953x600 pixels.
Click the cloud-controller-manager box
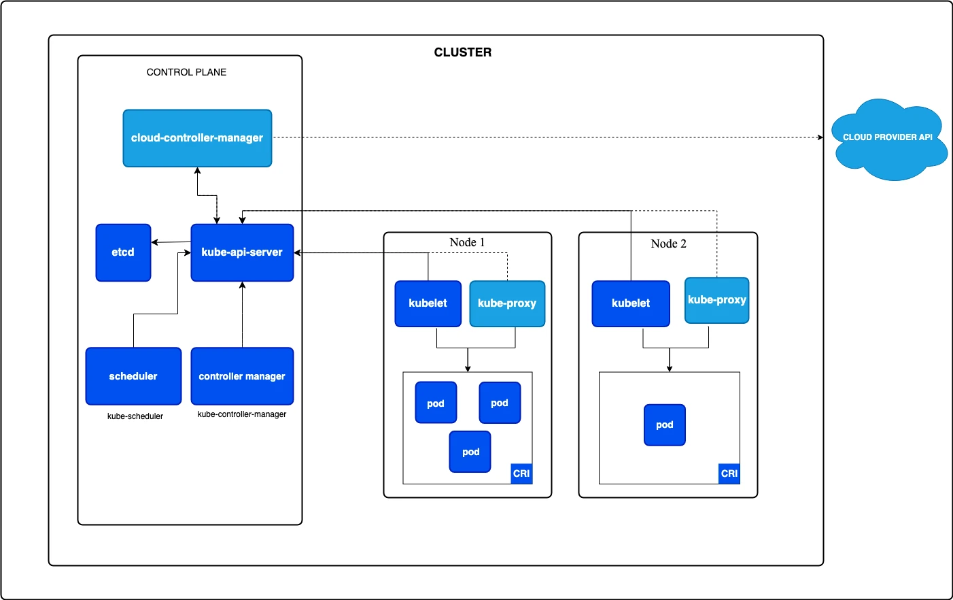(197, 138)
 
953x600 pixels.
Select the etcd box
(123, 252)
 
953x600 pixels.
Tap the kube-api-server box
(242, 252)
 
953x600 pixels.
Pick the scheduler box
(133, 376)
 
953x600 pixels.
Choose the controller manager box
(242, 376)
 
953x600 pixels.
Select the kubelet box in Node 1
(428, 303)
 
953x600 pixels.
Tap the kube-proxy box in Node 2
(716, 300)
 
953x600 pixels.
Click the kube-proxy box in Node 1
(507, 303)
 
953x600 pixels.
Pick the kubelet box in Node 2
(630, 303)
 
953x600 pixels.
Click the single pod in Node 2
(664, 425)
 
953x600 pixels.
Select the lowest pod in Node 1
(470, 452)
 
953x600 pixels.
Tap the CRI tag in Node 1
(521, 473)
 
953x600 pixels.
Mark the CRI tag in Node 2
(729, 473)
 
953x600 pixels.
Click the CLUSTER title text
(462, 52)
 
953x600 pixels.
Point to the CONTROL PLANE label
(186, 72)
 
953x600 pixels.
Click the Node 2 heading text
(668, 244)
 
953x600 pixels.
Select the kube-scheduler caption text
(135, 416)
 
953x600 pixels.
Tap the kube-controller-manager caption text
(242, 414)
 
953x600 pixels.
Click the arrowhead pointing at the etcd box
(155, 242)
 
